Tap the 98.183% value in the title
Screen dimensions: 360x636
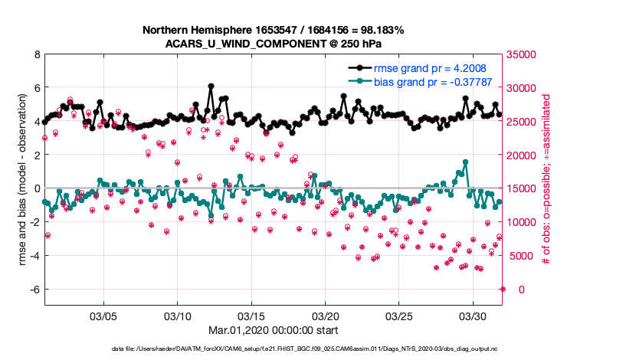(x=378, y=30)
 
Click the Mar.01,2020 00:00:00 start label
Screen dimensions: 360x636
(x=273, y=330)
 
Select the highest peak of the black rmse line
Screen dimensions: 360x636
(x=211, y=86)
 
